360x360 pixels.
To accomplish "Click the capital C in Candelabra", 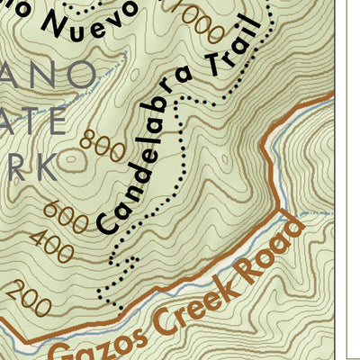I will [x=106, y=221].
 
